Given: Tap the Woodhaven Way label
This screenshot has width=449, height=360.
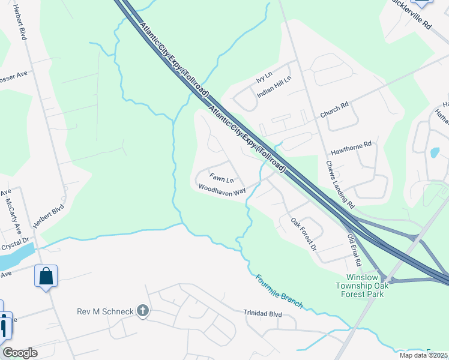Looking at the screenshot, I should click(x=222, y=190).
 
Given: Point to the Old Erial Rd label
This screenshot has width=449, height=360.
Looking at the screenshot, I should click(x=355, y=250).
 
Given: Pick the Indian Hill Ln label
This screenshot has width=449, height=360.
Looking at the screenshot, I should click(x=274, y=88).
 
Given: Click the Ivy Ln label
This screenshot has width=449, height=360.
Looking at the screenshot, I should click(x=265, y=78).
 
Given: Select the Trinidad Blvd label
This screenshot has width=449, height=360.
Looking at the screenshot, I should click(x=262, y=313).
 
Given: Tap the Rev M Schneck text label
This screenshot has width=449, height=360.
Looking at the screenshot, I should click(x=106, y=311).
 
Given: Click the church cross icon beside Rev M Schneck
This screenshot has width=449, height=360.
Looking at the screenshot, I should click(x=142, y=310).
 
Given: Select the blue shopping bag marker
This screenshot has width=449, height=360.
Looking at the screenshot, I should click(x=46, y=277).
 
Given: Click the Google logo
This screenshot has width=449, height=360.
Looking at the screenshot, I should click(x=20, y=353).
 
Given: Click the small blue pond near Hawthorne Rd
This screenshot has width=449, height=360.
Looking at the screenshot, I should click(x=435, y=152).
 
